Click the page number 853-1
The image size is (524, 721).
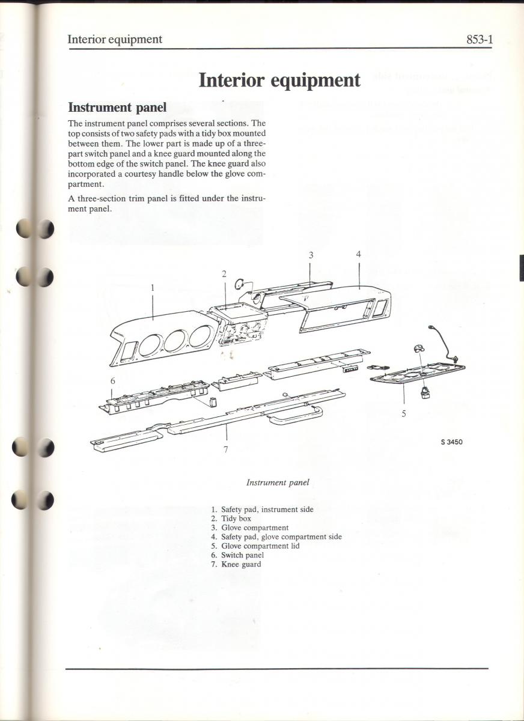coord(479,40)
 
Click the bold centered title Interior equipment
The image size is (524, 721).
coord(279,80)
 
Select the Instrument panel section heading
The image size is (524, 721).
coord(117,108)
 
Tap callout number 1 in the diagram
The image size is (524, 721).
coord(153,288)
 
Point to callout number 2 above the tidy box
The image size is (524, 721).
coord(224,274)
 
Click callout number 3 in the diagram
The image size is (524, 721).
coord(311,255)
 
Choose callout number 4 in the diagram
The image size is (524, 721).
coord(358,255)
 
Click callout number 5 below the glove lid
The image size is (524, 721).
coord(404,413)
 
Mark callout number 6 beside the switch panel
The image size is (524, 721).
coord(112,380)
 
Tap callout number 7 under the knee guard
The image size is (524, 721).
coord(226,449)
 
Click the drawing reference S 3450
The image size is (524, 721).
coord(451,443)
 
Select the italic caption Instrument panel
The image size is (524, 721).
coord(278,482)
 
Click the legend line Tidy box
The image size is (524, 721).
coord(236,519)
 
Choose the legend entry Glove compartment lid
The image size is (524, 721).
coord(260,546)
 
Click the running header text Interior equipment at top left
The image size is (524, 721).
coord(115,40)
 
